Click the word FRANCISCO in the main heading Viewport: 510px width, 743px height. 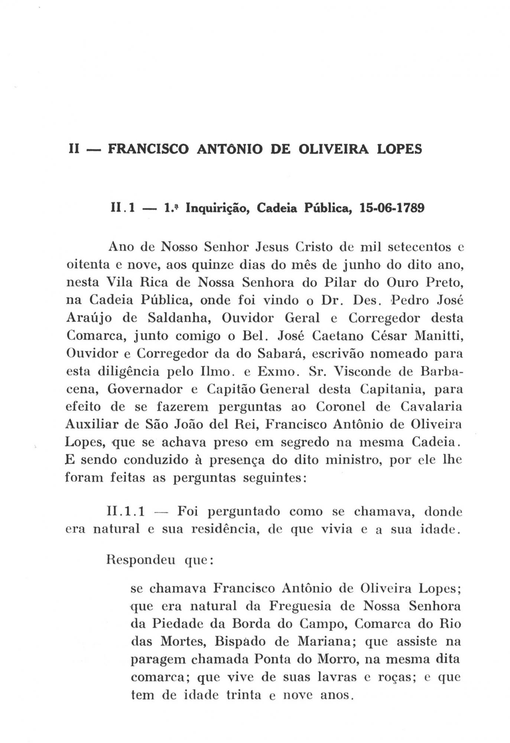[148, 149]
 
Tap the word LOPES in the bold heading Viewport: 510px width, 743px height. [399, 149]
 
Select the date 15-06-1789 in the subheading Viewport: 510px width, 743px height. [392, 208]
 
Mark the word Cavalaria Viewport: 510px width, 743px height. [431, 406]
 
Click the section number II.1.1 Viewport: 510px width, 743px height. [126, 512]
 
